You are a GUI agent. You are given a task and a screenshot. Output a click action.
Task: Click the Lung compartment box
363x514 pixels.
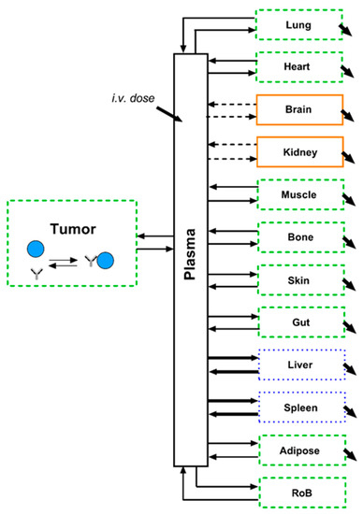click(x=298, y=24)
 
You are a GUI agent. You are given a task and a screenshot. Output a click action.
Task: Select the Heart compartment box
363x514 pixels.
click(x=298, y=67)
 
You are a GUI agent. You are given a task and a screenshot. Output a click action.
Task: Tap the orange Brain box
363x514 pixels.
click(x=298, y=110)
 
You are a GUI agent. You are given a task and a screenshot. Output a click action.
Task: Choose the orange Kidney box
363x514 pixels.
click(x=298, y=151)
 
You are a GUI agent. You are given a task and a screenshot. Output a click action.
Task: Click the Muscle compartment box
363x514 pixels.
click(x=298, y=194)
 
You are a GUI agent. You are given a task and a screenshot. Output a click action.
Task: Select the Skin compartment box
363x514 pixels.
click(x=298, y=279)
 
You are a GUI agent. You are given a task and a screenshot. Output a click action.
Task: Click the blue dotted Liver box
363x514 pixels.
click(x=298, y=364)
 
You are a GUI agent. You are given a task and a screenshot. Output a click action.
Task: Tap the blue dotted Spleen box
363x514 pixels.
click(x=298, y=407)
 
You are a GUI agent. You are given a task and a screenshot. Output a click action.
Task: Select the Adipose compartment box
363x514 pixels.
click(x=298, y=450)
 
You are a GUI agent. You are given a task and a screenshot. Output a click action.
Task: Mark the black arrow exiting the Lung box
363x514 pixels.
click(x=347, y=31)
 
